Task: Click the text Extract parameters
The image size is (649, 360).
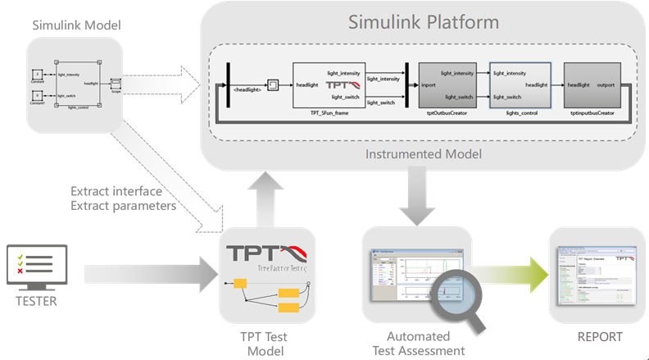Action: click(124, 205)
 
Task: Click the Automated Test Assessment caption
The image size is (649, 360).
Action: click(418, 343)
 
